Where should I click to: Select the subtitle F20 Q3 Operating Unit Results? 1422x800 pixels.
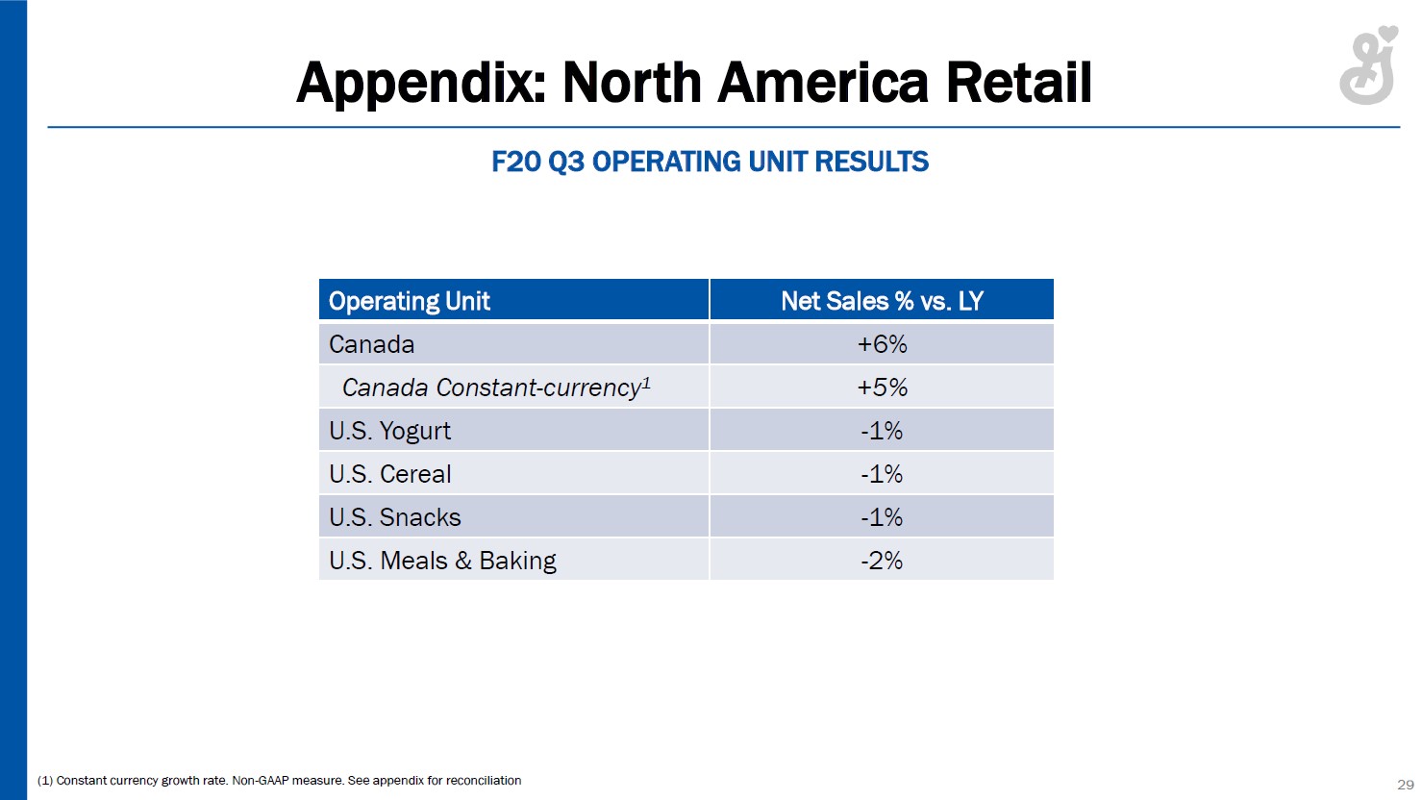[710, 162]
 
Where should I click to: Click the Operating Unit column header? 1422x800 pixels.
[410, 301]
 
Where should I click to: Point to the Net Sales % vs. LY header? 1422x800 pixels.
[882, 301]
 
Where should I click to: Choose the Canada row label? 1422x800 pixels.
[372, 344]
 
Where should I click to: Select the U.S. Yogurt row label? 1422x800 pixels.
[389, 431]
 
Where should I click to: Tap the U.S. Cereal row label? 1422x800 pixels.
[389, 474]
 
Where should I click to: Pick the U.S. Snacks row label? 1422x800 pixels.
[395, 517]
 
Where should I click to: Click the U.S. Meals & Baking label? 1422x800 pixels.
[442, 561]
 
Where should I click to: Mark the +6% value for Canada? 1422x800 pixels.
[882, 344]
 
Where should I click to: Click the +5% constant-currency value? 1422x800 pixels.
[882, 387]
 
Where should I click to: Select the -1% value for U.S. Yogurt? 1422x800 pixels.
[882, 431]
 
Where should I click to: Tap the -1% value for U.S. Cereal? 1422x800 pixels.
[882, 474]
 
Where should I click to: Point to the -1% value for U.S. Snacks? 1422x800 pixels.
[882, 517]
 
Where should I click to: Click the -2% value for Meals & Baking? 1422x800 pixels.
[882, 561]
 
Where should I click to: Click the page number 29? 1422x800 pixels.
[1405, 784]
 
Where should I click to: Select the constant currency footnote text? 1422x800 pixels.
[280, 780]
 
